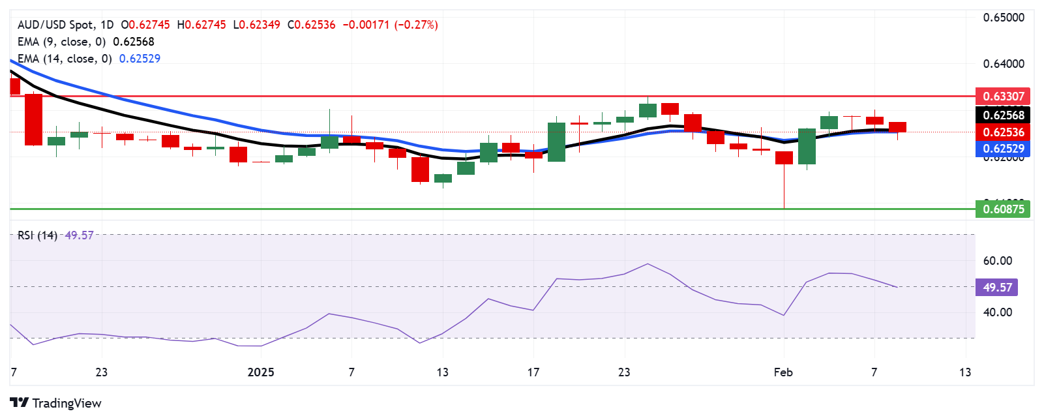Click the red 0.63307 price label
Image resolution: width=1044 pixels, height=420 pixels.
pyautogui.click(x=1002, y=97)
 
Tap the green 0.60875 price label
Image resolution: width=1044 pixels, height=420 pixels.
pyautogui.click(x=1002, y=209)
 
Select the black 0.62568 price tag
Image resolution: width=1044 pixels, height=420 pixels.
pyautogui.click(x=1002, y=115)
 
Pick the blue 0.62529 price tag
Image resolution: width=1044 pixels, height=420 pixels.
pyautogui.click(x=1002, y=149)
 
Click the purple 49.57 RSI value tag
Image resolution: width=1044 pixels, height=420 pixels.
pyautogui.click(x=996, y=288)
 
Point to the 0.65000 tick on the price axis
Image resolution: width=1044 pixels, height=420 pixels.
pyautogui.click(x=1004, y=18)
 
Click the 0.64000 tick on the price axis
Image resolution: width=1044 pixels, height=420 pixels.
pyautogui.click(x=1004, y=64)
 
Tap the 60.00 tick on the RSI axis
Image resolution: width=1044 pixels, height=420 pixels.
pyautogui.click(x=998, y=261)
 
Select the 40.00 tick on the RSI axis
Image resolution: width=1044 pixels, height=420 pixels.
pyautogui.click(x=998, y=312)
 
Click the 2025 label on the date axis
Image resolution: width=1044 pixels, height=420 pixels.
pyautogui.click(x=261, y=372)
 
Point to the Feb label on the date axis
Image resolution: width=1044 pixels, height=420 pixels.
pyautogui.click(x=783, y=372)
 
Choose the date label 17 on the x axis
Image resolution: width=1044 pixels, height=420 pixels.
pyautogui.click(x=533, y=372)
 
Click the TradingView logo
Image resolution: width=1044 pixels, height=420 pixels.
pyautogui.click(x=56, y=403)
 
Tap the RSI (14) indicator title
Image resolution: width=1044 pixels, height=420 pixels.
pyautogui.click(x=37, y=235)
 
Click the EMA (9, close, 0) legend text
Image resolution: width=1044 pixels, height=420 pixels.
pyautogui.click(x=61, y=42)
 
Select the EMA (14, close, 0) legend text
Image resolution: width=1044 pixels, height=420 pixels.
pyautogui.click(x=65, y=59)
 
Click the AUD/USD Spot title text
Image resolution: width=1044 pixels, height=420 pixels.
pyautogui.click(x=55, y=25)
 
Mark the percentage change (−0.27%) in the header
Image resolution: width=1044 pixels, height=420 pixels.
pyautogui.click(x=416, y=25)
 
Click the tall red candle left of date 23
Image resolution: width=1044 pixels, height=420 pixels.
pyautogui.click(x=33, y=119)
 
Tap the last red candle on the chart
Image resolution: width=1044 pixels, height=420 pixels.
pyautogui.click(x=897, y=127)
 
